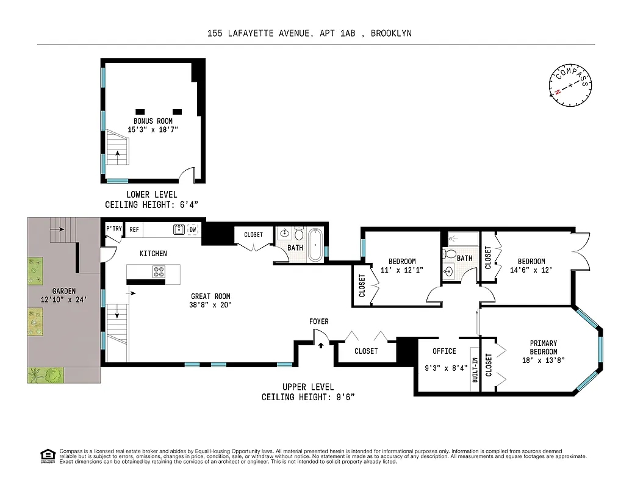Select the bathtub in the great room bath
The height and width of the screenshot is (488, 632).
point(314,245)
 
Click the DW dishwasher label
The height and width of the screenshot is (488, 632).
point(193,229)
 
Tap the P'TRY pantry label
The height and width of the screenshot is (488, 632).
point(114,229)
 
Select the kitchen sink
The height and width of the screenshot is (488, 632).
point(179,229)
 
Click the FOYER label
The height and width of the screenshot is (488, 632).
point(318,321)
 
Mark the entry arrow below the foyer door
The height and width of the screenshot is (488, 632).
point(321,345)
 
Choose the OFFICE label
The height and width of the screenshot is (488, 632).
point(444,351)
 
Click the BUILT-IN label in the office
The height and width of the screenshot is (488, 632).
point(474,370)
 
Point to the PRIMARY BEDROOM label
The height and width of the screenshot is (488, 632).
point(543,348)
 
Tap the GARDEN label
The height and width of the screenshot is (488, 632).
point(46,291)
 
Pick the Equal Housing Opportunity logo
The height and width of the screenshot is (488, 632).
point(46,454)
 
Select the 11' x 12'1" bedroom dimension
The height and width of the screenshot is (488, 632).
point(402,270)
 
